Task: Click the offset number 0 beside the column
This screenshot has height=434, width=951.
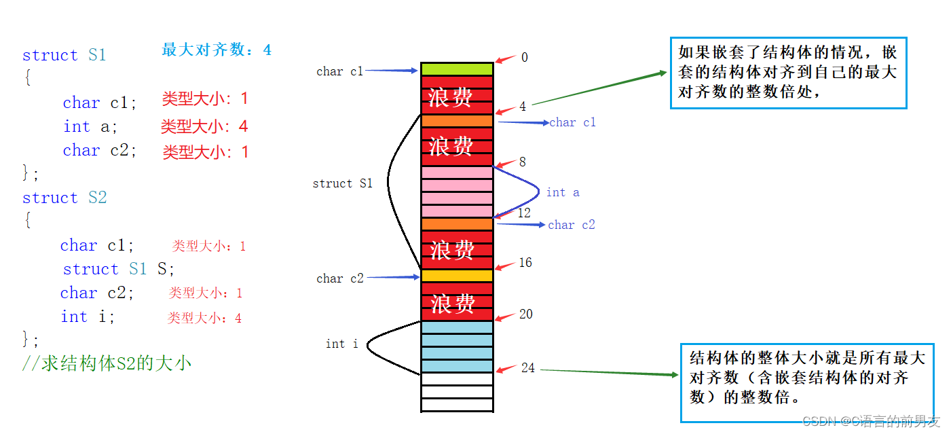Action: [x=524, y=58]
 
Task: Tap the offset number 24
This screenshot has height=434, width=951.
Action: [x=527, y=367]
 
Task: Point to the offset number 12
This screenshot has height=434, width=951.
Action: [x=524, y=213]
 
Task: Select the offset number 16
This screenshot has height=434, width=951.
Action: [x=525, y=262]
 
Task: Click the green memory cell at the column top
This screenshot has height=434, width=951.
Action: [x=457, y=69]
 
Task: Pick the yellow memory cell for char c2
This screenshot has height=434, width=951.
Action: [x=457, y=276]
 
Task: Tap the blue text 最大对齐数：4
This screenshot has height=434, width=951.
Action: [x=217, y=50]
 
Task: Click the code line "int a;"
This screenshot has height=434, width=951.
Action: [x=90, y=126]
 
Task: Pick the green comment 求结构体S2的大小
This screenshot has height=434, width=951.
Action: [x=107, y=363]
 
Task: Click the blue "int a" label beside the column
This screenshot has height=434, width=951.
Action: [x=563, y=192]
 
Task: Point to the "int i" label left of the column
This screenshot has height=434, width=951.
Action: [x=341, y=344]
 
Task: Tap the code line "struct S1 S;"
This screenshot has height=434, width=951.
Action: [x=119, y=269]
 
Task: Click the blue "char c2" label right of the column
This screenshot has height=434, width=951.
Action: [x=571, y=225]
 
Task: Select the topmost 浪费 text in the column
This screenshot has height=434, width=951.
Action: [x=450, y=97]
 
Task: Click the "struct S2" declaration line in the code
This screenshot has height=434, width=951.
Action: [x=64, y=198]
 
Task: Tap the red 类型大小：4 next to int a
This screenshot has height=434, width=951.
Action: [x=204, y=126]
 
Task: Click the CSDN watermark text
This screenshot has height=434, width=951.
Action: [x=871, y=421]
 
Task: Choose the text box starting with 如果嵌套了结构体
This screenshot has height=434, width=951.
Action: [x=788, y=73]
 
